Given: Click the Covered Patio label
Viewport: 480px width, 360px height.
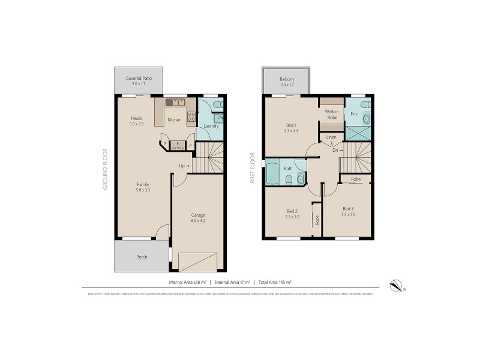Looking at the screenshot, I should coord(138,79).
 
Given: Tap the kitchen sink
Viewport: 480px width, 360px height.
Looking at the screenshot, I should coord(175,103).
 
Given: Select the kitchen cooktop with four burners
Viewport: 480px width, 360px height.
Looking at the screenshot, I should coord(191,117).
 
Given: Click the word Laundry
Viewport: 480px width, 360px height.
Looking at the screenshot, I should coord(211,126).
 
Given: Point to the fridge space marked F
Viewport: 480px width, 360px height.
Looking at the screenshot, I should coord(178,143).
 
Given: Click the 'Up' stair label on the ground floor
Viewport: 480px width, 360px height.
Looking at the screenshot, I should coord(184,166).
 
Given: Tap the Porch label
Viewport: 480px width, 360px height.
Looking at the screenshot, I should coord(142,257).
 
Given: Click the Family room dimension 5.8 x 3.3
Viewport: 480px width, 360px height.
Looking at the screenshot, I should coord(142,190).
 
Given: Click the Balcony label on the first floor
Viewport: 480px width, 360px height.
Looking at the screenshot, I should coord(287,79).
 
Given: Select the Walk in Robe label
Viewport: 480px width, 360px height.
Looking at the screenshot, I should coord(331,115).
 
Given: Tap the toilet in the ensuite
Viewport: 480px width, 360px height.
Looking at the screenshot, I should coord(366,104).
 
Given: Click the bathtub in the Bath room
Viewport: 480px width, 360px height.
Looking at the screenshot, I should coord(272,175).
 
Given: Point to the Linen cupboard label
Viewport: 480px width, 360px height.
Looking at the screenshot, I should coord(331,137).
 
